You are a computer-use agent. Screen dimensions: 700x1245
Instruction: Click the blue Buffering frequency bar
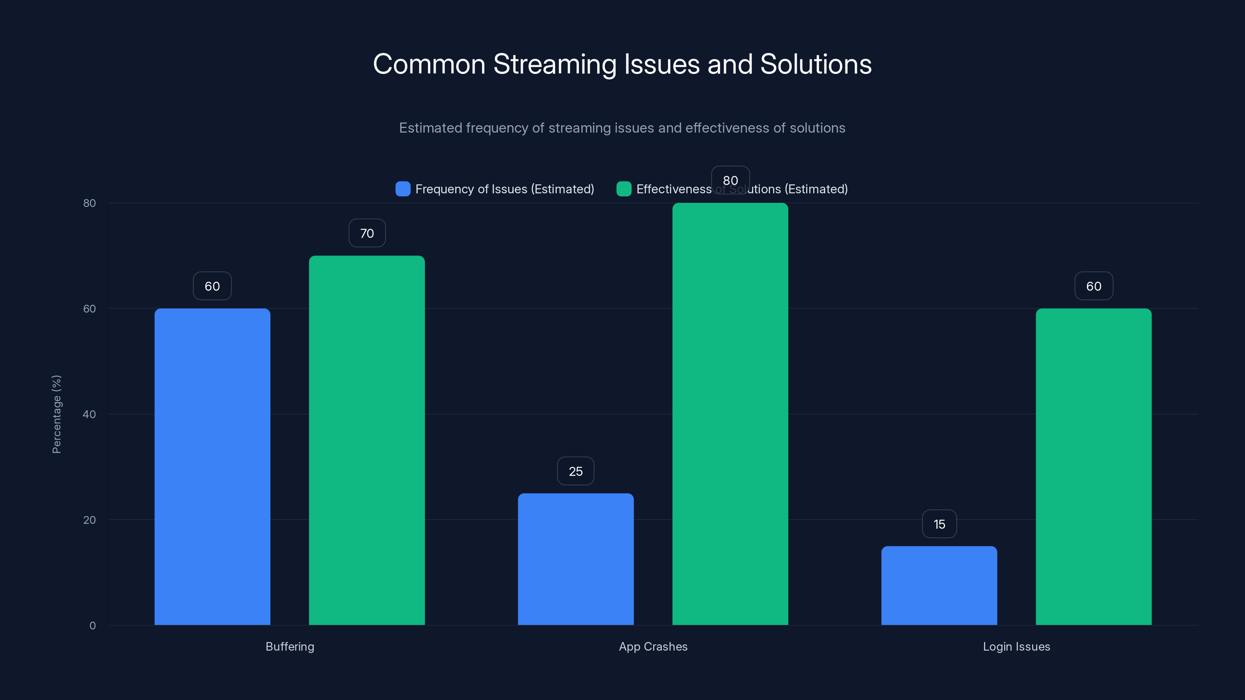pyautogui.click(x=212, y=466)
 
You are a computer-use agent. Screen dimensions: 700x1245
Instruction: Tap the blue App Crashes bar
pyautogui.click(x=576, y=559)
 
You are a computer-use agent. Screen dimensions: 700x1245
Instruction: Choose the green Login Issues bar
pyautogui.click(x=1093, y=466)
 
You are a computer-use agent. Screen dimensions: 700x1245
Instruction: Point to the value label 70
pyautogui.click(x=367, y=233)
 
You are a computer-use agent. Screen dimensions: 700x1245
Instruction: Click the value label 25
pyautogui.click(x=576, y=471)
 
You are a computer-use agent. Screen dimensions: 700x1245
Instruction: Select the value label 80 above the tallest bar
pyautogui.click(x=730, y=180)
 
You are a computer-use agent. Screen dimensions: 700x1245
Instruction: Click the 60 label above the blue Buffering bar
pyautogui.click(x=212, y=286)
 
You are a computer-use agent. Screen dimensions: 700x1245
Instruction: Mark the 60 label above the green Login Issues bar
pyautogui.click(x=1093, y=286)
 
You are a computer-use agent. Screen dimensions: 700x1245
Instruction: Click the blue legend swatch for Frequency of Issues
pyautogui.click(x=403, y=189)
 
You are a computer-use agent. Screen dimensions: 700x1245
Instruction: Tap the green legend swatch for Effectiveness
pyautogui.click(x=623, y=189)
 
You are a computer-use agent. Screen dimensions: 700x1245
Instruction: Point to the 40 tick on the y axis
pyautogui.click(x=89, y=414)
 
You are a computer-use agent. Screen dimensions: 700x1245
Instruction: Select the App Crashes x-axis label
pyautogui.click(x=653, y=646)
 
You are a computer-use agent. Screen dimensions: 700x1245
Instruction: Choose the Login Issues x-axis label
pyautogui.click(x=1016, y=646)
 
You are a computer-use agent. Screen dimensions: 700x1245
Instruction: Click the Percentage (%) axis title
pyautogui.click(x=56, y=414)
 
